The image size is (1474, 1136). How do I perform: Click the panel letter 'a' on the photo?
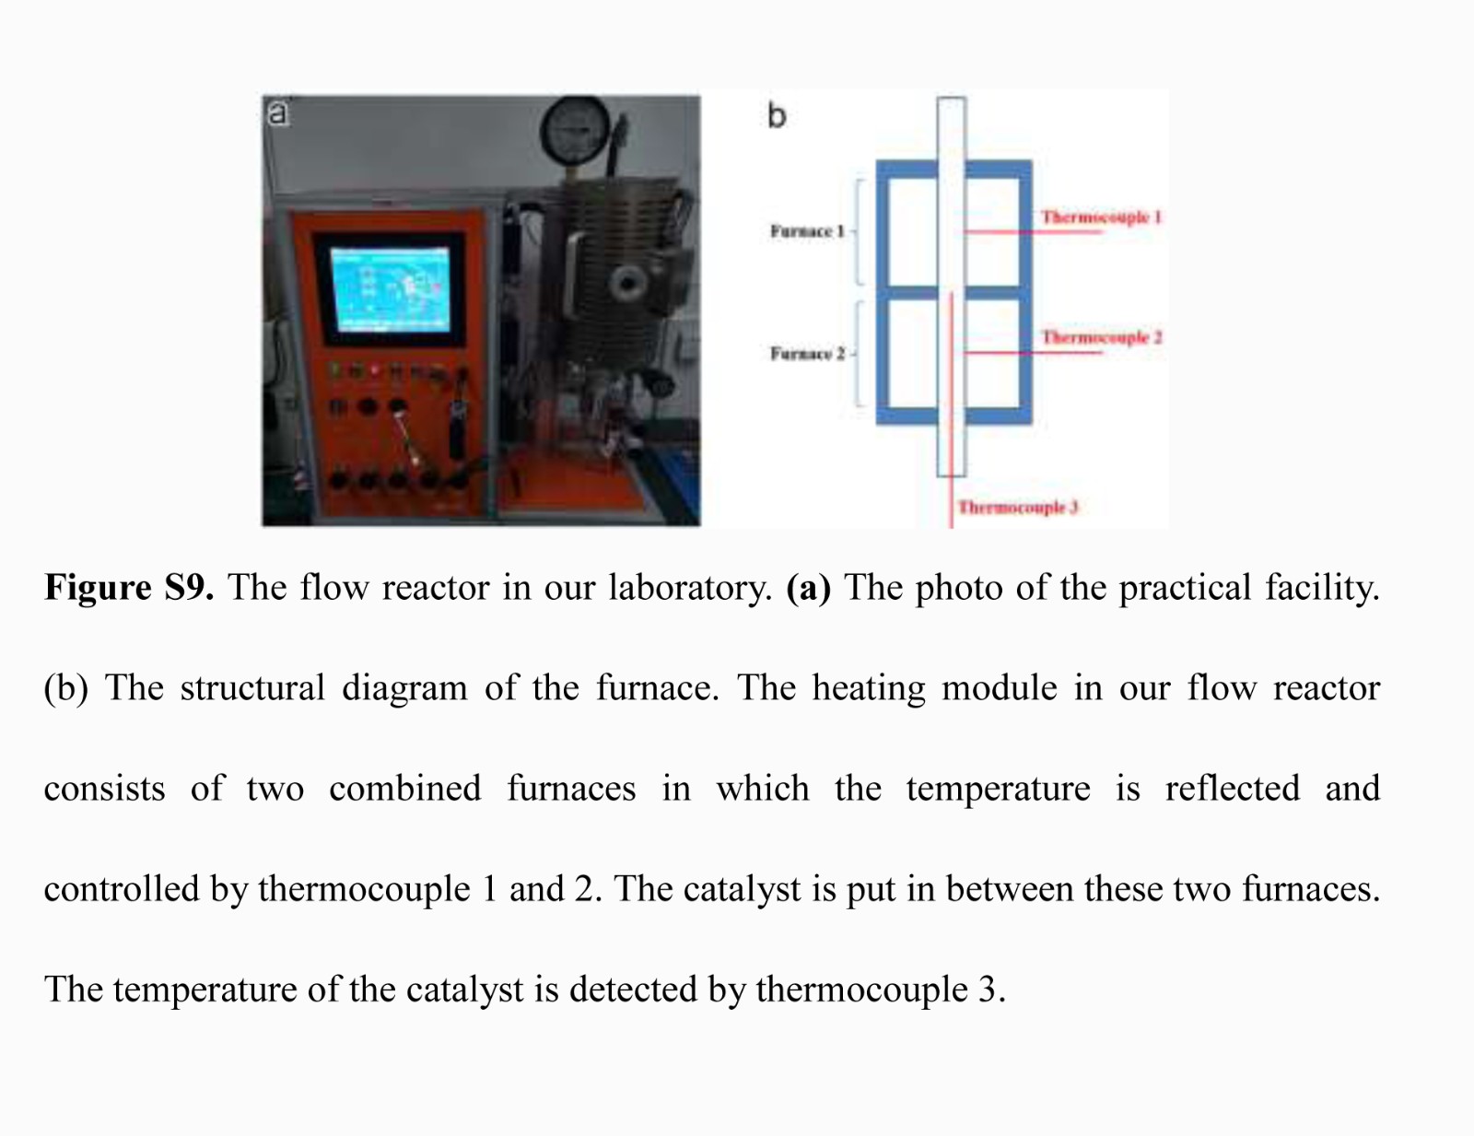click(277, 113)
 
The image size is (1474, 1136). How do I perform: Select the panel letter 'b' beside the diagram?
click(777, 116)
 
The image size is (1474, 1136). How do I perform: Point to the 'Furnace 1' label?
click(807, 231)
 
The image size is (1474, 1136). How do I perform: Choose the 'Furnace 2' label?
click(807, 354)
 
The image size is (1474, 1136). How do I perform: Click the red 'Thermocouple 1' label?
click(1101, 217)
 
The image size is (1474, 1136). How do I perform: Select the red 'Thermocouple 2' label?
click(1101, 338)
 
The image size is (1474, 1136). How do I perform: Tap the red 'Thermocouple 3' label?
click(1017, 508)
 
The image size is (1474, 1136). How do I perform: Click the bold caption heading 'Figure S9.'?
click(129, 588)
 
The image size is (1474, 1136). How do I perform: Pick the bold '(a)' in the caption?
click(808, 588)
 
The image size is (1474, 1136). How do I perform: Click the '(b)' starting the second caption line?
click(65, 688)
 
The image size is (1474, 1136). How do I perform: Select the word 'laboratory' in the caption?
click(690, 588)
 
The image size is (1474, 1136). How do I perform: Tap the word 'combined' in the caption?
click(404, 789)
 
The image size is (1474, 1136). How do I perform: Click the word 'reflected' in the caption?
click(1232, 789)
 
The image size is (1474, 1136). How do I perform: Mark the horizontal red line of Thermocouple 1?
click(1032, 232)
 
